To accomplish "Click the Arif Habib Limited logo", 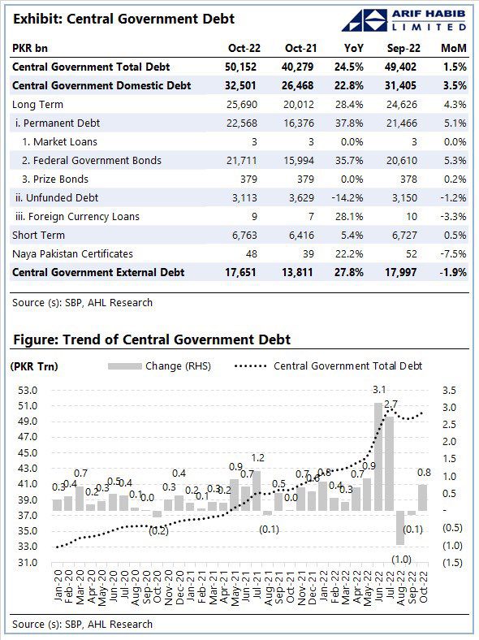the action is [404, 20].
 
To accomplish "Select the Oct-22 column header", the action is [244, 48].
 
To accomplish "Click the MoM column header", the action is [454, 48].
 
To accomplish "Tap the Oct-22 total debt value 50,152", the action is [241, 67].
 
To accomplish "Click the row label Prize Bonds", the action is [55, 179].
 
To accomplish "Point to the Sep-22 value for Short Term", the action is [402, 236].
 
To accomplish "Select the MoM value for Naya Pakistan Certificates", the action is [453, 254].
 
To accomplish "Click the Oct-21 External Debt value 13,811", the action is [297, 273].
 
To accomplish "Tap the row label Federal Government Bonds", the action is [92, 161].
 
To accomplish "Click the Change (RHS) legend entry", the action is [159, 366].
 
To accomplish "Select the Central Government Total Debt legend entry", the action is [329, 366].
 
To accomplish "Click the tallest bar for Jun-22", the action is [378, 456].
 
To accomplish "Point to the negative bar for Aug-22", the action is [400, 527].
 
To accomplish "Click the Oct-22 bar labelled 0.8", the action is [423, 498].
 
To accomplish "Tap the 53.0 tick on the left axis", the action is [28, 391].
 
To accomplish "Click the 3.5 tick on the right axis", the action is [450, 391].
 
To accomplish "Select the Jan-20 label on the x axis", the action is [58, 586].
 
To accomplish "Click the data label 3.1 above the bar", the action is [379, 390].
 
